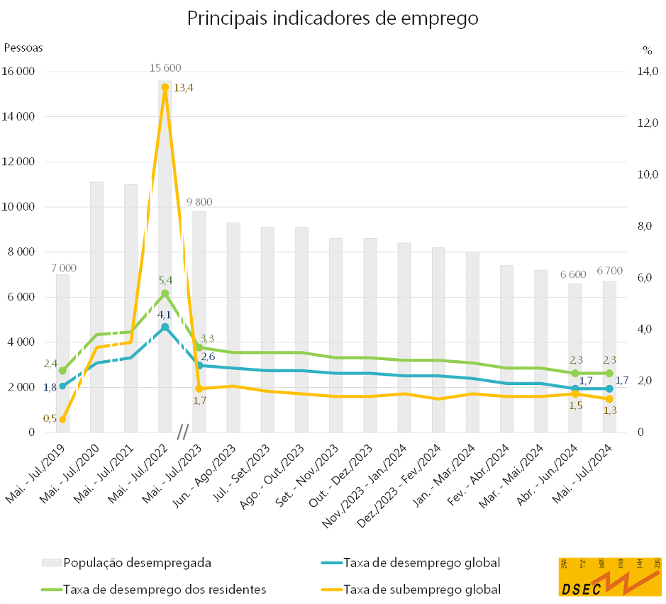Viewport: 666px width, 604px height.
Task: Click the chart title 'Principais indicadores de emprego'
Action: coord(333,18)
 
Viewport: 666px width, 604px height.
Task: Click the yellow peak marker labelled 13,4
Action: coord(165,87)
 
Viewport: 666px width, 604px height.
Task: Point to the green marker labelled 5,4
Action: coord(165,293)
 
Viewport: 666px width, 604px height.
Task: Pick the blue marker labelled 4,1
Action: coord(165,327)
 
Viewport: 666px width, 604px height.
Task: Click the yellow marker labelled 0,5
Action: coord(62,420)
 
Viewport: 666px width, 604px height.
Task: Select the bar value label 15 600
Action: coord(165,68)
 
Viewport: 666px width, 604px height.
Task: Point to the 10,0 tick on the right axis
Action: coord(649,174)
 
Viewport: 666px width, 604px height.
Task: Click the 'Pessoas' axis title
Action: coord(24,48)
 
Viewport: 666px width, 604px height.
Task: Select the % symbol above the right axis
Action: coord(647,50)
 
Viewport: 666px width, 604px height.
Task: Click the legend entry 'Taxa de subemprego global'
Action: coord(421,589)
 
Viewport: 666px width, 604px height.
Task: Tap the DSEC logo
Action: coord(609,576)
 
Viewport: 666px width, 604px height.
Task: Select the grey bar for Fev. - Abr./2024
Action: coord(506,349)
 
